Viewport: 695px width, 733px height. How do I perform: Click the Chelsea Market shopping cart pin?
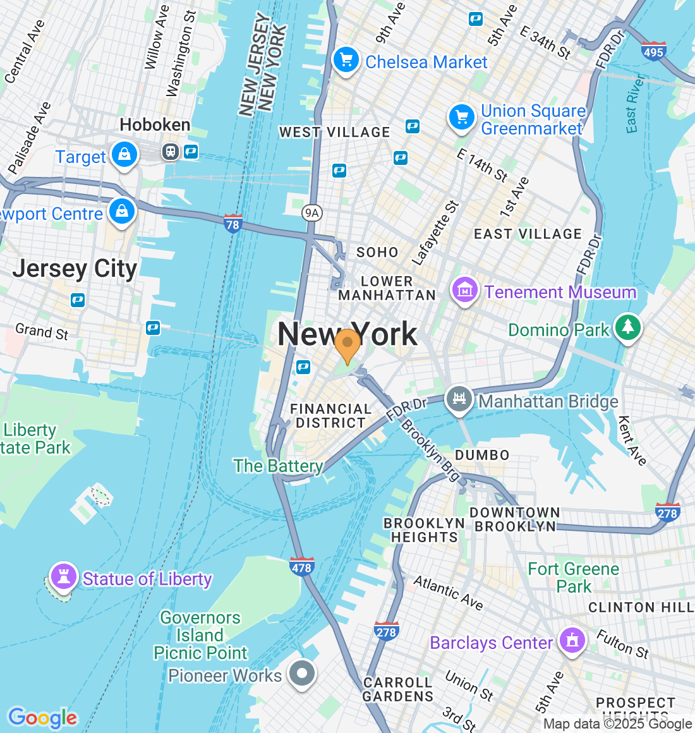click(346, 61)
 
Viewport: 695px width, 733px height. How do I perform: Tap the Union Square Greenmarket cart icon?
click(462, 118)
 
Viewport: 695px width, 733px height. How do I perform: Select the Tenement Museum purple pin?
click(464, 291)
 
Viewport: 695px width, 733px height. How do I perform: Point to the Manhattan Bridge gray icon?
click(459, 399)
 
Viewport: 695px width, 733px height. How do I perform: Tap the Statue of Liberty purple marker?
click(63, 576)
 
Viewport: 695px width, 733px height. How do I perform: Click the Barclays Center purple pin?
click(572, 641)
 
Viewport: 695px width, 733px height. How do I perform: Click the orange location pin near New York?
click(347, 344)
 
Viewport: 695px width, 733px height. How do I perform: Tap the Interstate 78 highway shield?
click(233, 224)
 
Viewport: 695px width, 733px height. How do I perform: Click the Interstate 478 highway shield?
click(301, 567)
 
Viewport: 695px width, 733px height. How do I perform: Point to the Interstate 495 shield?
click(653, 51)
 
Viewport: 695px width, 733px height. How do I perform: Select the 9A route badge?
click(312, 213)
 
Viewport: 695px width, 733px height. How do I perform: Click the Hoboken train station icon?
click(170, 152)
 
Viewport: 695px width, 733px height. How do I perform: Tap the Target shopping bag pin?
click(124, 155)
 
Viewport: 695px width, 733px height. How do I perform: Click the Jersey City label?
click(75, 269)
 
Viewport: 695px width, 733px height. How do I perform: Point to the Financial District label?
click(330, 416)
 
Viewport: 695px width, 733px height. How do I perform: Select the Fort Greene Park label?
click(574, 578)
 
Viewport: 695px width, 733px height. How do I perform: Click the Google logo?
click(42, 718)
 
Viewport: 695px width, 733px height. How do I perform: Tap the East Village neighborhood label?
click(528, 234)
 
